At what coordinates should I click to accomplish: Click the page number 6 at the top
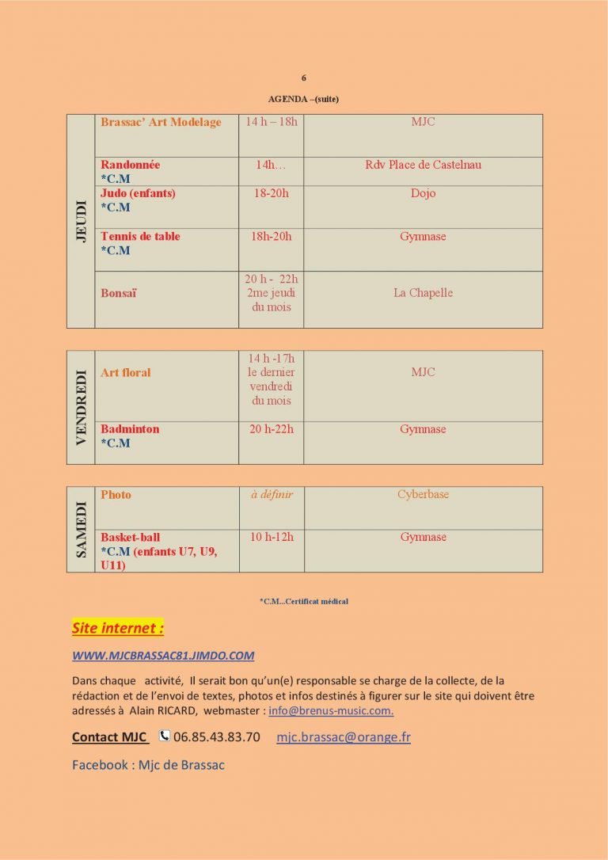point(304,78)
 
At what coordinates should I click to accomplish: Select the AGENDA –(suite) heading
point(304,99)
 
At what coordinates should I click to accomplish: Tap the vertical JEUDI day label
point(81,221)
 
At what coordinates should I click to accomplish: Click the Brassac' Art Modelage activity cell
point(161,123)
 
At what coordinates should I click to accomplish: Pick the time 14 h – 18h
point(271,122)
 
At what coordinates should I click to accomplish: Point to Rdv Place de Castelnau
point(423,165)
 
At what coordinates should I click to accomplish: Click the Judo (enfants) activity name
point(138,193)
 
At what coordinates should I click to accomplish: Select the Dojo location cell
point(423,193)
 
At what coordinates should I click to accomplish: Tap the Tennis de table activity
point(140,236)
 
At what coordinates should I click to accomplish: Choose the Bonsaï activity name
point(118,293)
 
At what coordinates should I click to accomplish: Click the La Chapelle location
point(423,293)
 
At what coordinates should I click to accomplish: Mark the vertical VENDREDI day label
point(81,407)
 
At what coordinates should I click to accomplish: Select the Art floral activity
point(125,372)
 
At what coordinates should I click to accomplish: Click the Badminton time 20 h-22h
point(271,429)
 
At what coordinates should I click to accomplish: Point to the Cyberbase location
point(423,494)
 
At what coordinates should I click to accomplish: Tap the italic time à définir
point(271,494)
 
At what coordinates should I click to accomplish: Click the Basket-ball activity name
point(130,537)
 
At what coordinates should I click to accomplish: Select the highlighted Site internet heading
point(117,628)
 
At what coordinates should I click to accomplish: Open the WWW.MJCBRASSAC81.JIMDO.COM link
point(163,656)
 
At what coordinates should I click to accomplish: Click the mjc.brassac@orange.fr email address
point(343,737)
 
